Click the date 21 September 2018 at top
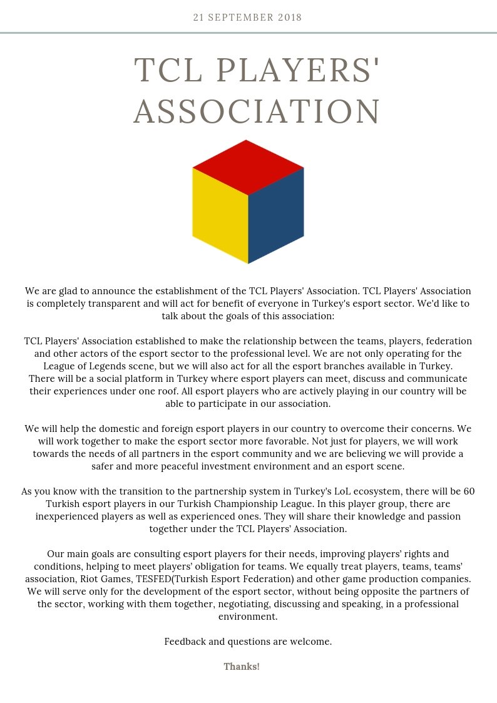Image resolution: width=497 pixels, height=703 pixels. [248, 18]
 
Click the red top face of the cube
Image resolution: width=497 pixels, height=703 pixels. [248, 167]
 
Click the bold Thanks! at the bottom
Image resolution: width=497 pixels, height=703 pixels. [242, 666]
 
